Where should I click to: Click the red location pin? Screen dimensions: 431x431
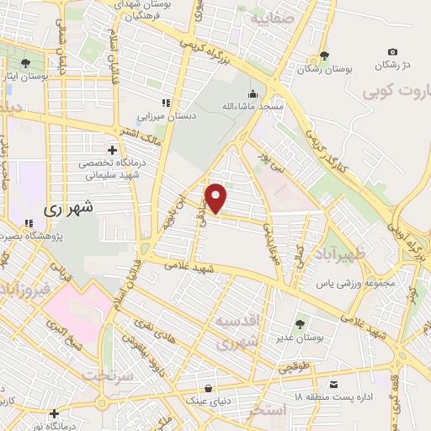(216, 198)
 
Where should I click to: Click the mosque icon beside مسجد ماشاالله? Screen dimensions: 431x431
(252, 93)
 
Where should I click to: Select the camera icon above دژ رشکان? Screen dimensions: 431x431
(392, 52)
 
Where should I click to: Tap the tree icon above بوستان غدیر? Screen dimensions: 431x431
(299, 323)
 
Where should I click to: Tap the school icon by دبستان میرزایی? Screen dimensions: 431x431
(166, 103)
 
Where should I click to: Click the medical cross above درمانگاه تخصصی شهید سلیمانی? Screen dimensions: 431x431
(111, 150)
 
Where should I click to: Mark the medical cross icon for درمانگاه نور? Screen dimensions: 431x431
(54, 413)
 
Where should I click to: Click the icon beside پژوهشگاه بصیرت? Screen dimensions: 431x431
(29, 223)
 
